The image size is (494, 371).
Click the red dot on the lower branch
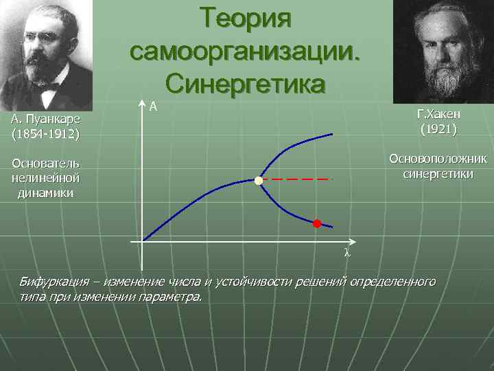click(x=316, y=223)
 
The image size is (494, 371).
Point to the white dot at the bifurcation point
click(x=258, y=181)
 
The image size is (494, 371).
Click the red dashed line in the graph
click(x=298, y=179)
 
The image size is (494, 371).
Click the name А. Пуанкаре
click(x=45, y=120)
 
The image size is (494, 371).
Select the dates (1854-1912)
click(x=45, y=132)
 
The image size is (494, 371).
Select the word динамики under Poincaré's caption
click(x=45, y=193)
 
